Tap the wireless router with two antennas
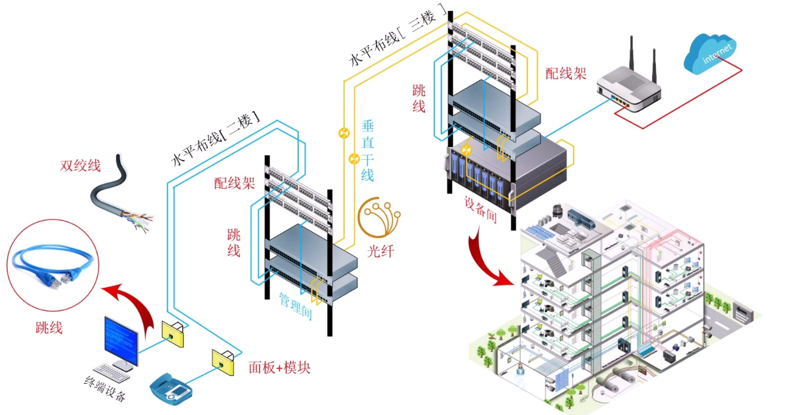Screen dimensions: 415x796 pos(628,86)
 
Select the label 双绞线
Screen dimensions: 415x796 pos(80,165)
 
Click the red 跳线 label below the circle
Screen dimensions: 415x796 pos(49,327)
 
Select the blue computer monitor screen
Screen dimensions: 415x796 pos(121,341)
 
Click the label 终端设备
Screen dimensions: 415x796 pos(105,388)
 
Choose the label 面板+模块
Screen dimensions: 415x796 pos(279,367)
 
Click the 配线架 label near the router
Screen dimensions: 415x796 pos(566,73)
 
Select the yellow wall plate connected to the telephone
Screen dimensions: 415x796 pos(223,363)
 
